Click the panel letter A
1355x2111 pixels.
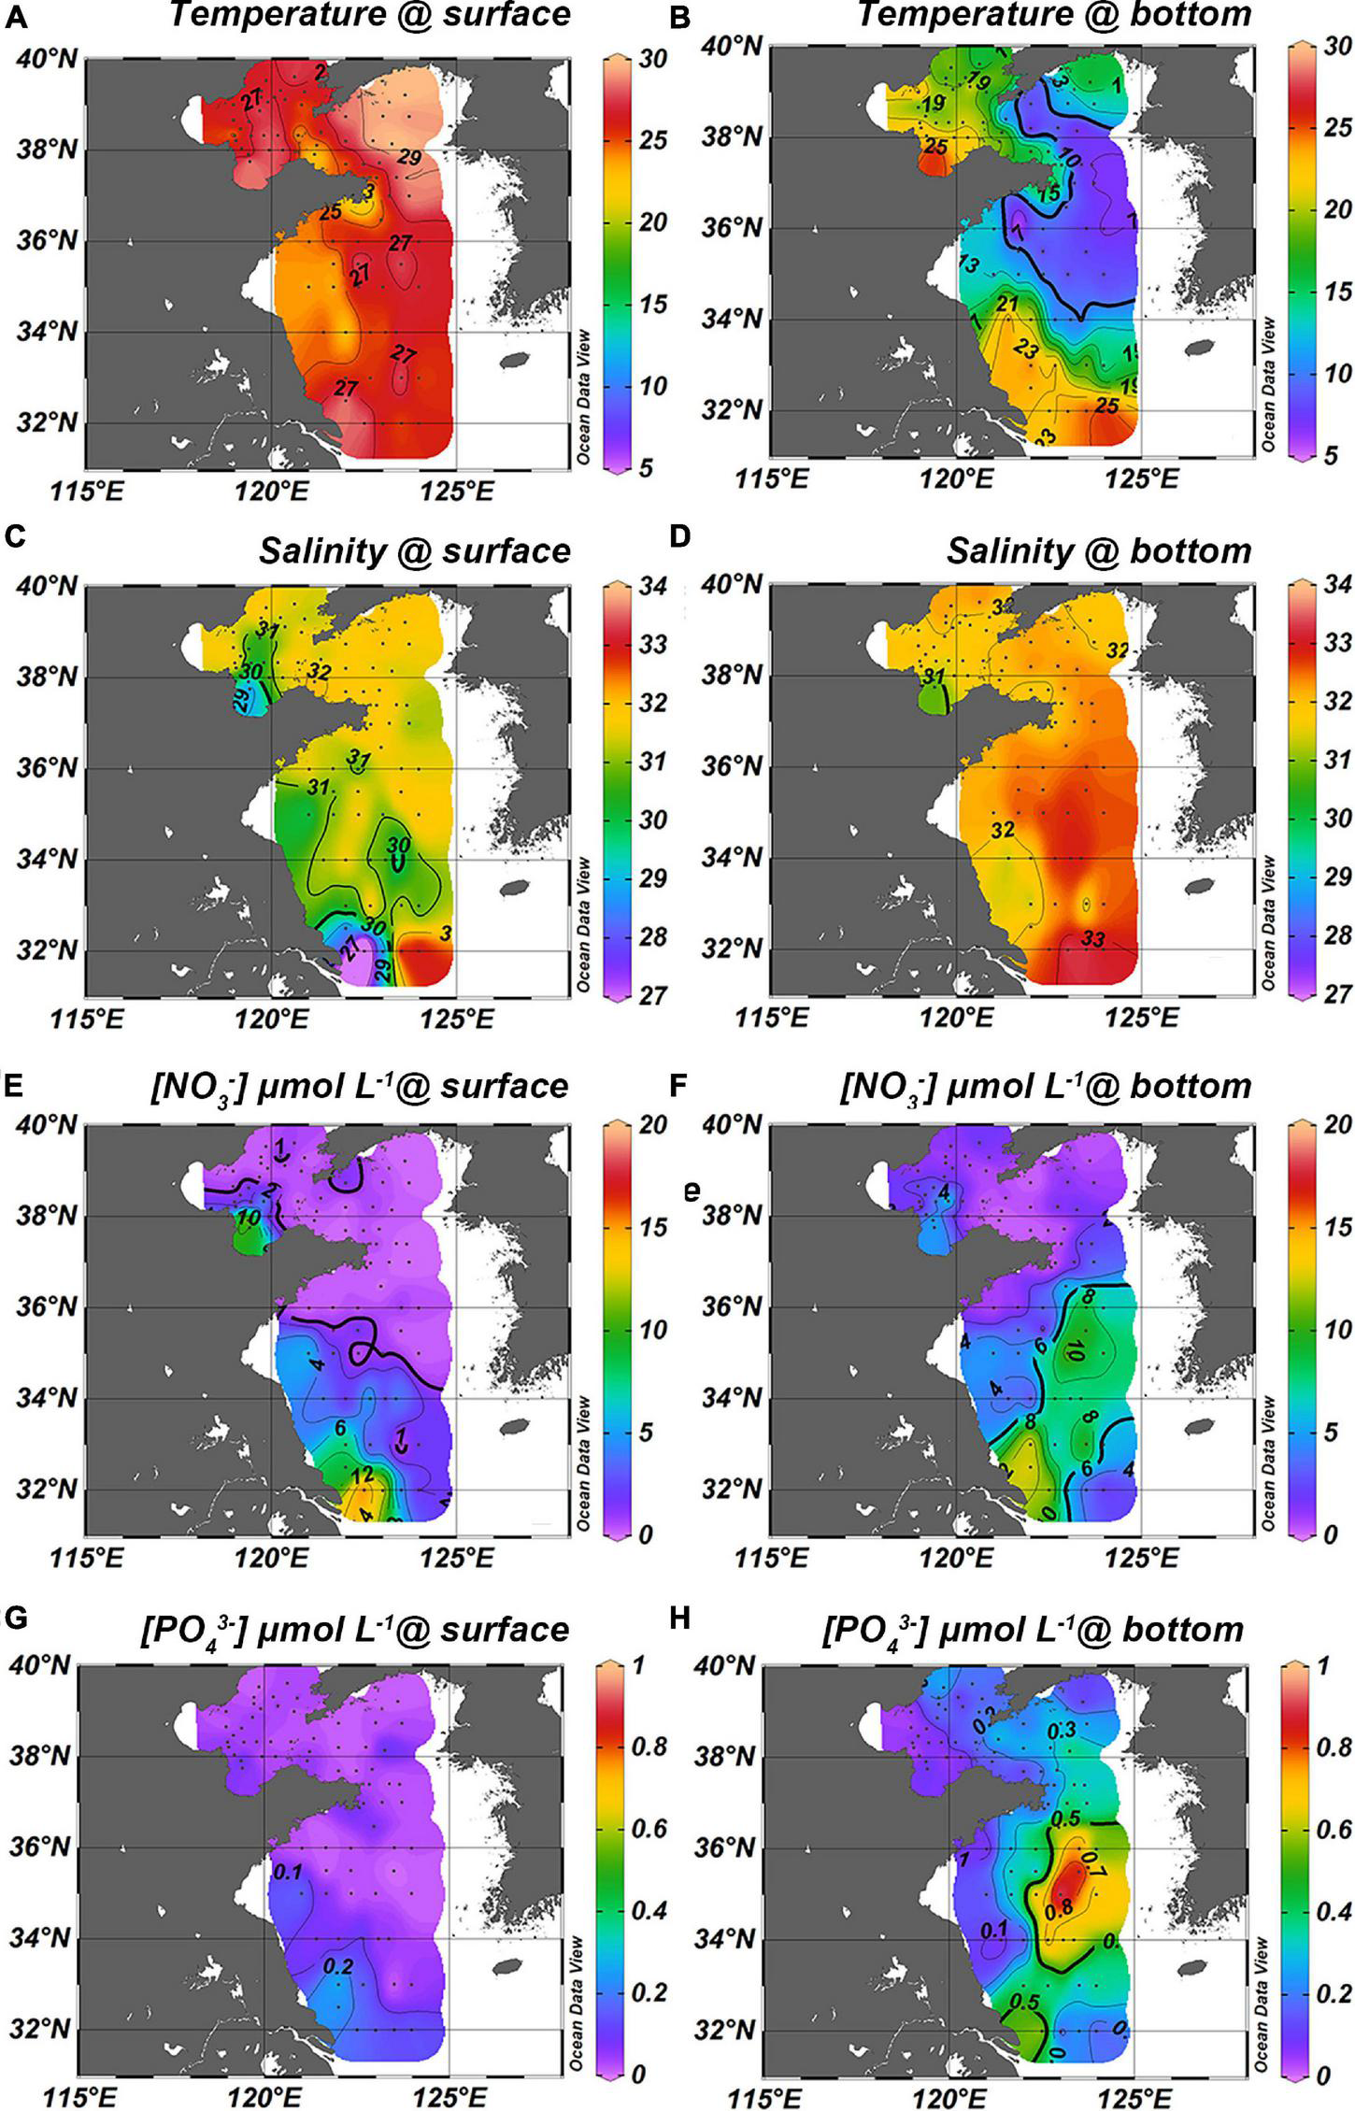pos(15,18)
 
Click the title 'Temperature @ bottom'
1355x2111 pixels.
pos(1054,15)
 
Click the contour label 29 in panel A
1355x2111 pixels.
pos(409,158)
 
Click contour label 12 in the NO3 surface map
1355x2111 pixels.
pos(364,1476)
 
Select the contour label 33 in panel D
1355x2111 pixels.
pos(1092,938)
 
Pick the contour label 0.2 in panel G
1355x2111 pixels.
pos(337,1965)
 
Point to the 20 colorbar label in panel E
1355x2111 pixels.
pos(652,1125)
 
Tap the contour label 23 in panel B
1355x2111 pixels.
pos(1025,350)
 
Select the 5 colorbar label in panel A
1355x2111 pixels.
pos(645,468)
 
